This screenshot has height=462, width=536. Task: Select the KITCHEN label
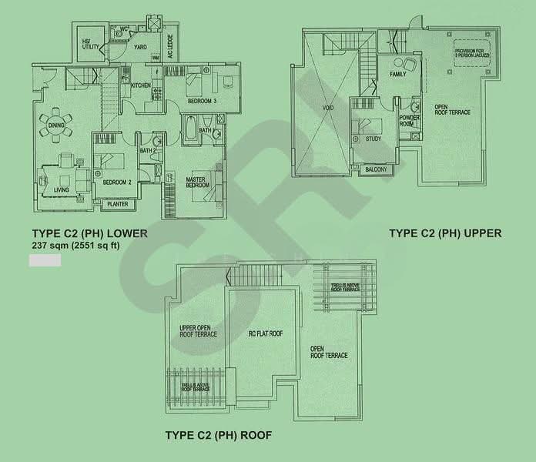click(140, 85)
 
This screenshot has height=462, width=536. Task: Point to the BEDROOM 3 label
click(203, 102)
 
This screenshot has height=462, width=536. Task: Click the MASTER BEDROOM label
click(195, 182)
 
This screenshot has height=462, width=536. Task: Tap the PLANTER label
click(117, 205)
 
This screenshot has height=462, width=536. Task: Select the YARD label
click(140, 47)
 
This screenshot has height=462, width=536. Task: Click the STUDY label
click(374, 139)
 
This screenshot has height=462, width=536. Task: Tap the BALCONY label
click(375, 169)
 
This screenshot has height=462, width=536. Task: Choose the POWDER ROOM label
click(409, 121)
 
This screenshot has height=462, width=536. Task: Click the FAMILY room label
click(398, 75)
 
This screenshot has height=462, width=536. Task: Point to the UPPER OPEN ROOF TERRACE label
click(198, 330)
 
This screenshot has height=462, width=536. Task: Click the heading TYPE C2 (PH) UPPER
click(445, 233)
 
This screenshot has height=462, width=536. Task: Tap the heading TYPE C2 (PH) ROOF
click(218, 435)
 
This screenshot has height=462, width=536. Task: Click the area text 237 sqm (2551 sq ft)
click(75, 246)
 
